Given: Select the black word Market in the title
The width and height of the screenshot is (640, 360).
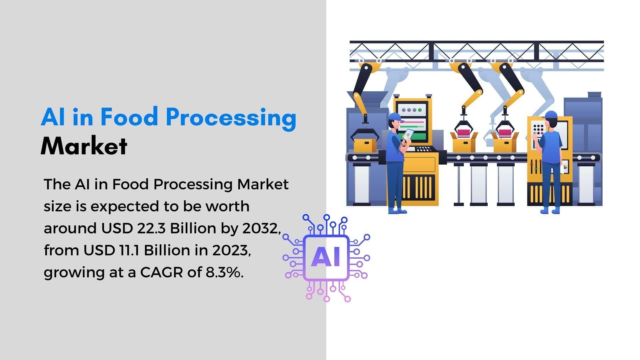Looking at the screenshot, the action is [x=84, y=146].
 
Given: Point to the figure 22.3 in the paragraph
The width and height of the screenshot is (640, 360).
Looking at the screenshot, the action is [x=151, y=228].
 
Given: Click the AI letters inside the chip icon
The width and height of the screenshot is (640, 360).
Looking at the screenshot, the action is [x=326, y=257].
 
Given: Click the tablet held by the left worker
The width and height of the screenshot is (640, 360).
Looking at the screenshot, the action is [x=408, y=135].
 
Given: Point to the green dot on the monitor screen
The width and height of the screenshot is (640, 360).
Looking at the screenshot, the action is [x=420, y=110].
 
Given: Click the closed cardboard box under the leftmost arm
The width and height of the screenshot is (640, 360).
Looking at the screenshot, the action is [x=365, y=145].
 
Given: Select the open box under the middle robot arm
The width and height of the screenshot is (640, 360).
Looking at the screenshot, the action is [x=464, y=142].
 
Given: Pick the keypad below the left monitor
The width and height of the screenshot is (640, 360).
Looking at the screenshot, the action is [x=424, y=149].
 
